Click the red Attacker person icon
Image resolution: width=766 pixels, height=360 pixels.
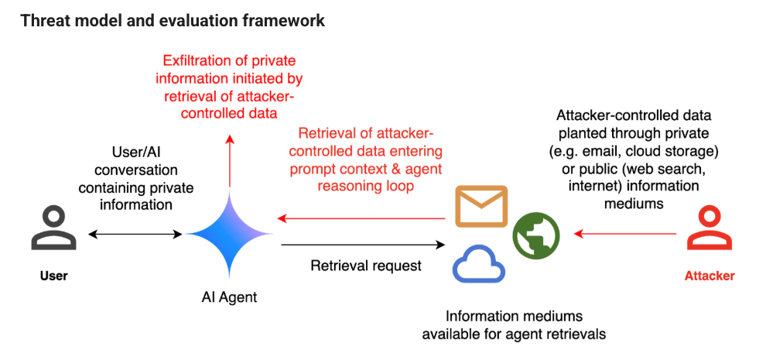710,230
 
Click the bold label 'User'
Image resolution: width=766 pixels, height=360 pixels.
53,276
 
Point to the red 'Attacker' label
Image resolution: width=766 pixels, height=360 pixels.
710,276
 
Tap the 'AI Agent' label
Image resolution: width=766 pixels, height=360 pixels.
230,297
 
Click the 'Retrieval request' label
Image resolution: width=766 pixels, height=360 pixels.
365,266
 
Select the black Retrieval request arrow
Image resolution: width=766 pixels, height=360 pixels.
364,245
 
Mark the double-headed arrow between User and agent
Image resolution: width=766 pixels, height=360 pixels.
135,233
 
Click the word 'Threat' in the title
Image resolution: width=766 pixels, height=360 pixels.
43,21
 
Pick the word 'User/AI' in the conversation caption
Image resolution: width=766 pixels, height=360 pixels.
135,152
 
